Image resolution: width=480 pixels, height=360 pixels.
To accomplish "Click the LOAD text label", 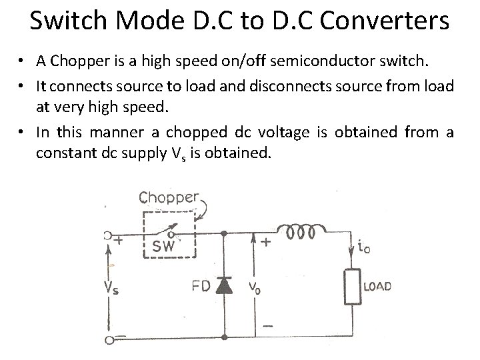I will coord(377,287).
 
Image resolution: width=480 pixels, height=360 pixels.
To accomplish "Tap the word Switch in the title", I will coord(66,22).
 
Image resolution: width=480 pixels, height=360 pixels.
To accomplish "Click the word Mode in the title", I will coord(145,22).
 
